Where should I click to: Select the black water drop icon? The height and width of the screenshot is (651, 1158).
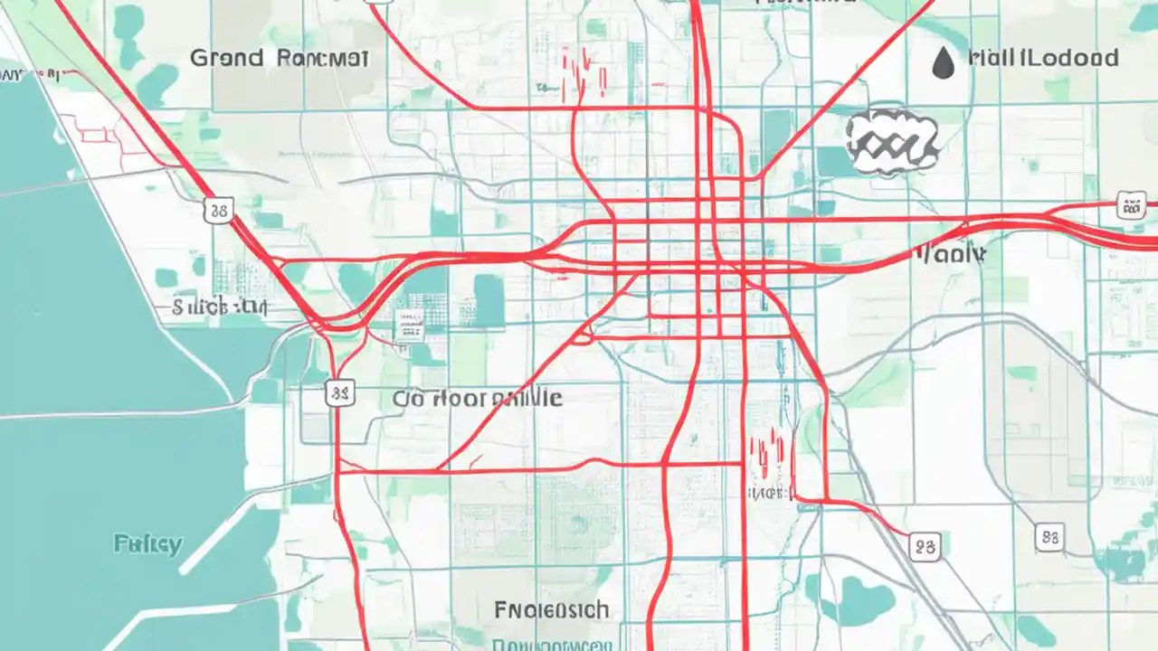pyautogui.click(x=943, y=61)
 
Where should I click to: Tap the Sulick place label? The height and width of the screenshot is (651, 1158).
pyautogui.click(x=220, y=307)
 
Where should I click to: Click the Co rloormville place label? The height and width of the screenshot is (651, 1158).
pyautogui.click(x=478, y=398)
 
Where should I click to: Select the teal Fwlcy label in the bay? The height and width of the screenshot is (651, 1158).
pyautogui.click(x=147, y=544)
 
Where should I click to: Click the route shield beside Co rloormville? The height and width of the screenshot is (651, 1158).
pyautogui.click(x=339, y=393)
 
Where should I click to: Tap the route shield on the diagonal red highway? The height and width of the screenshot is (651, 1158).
pyautogui.click(x=218, y=211)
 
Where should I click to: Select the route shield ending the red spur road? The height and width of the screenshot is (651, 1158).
pyautogui.click(x=924, y=545)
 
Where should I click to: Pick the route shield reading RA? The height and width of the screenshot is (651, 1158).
pyautogui.click(x=1131, y=205)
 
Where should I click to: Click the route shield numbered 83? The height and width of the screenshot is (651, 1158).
pyautogui.click(x=1049, y=536)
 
